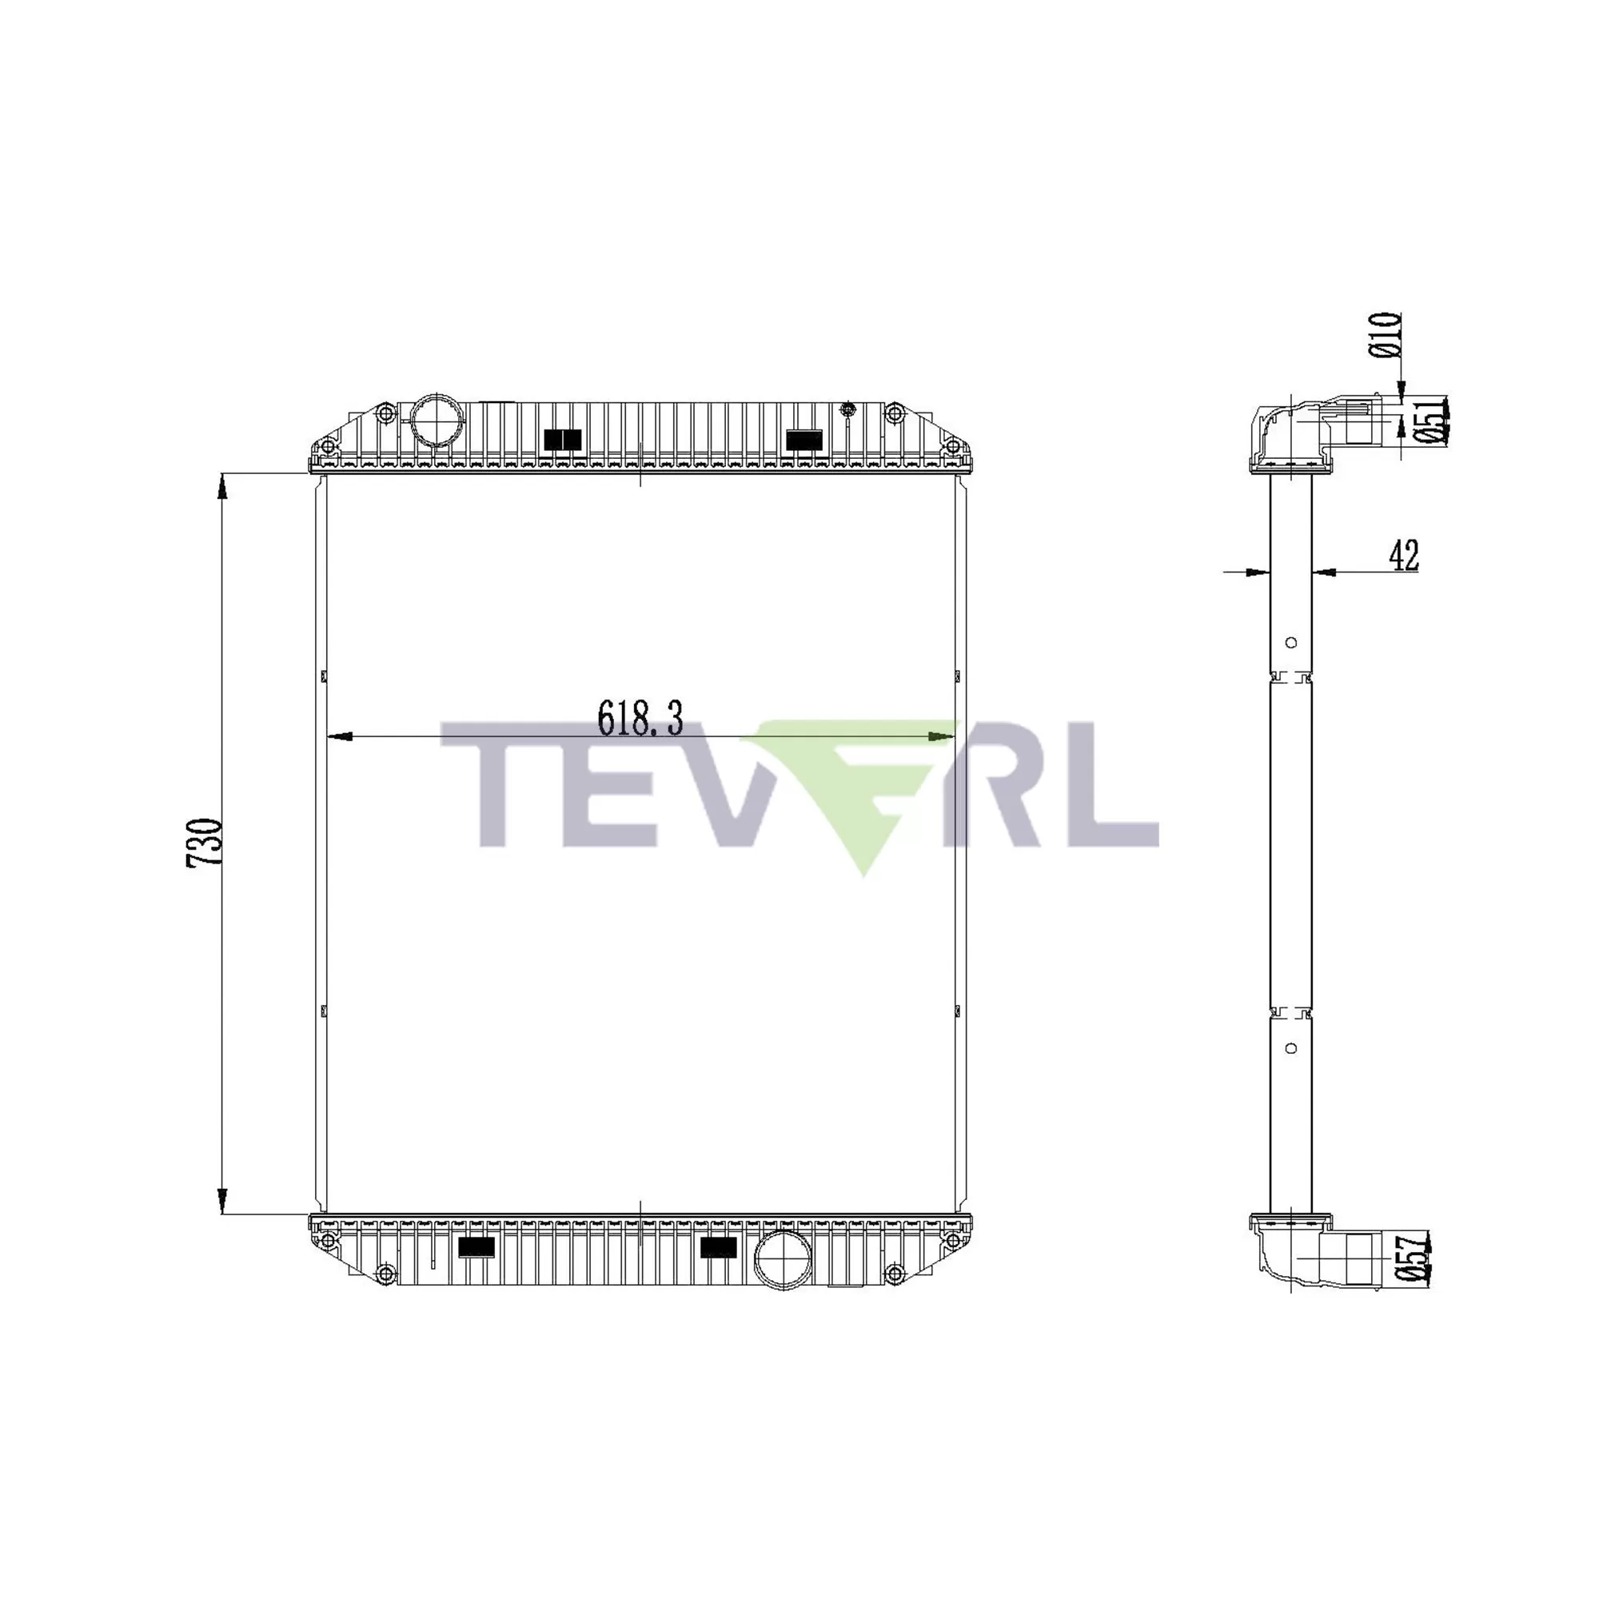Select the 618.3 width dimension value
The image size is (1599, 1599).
coord(640,718)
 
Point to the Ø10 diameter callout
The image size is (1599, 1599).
coord(1386,334)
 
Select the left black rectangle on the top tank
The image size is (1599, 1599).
coord(563,441)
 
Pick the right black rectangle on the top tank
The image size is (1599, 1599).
coord(803,441)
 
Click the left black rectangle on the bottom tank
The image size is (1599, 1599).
coord(476,1247)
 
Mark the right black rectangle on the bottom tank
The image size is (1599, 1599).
coord(718,1247)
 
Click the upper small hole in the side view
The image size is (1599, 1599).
coord(1291,642)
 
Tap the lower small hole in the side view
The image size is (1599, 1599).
coord(1291,1049)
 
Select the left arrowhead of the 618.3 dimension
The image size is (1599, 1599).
coord(339,736)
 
